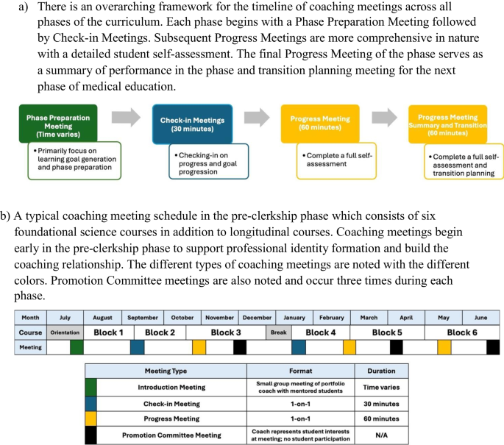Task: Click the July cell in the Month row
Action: [x=65, y=318]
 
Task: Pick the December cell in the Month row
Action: [x=257, y=318]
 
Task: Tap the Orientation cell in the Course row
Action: [x=65, y=332]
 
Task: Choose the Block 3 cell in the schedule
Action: [x=226, y=332]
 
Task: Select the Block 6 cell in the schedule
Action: [x=462, y=332]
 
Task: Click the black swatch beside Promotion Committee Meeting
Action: [x=90, y=435]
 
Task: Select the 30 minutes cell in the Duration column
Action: [x=381, y=403]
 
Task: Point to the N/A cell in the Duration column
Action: [x=381, y=435]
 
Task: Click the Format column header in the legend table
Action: [x=300, y=371]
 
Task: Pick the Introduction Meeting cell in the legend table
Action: [x=171, y=387]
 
